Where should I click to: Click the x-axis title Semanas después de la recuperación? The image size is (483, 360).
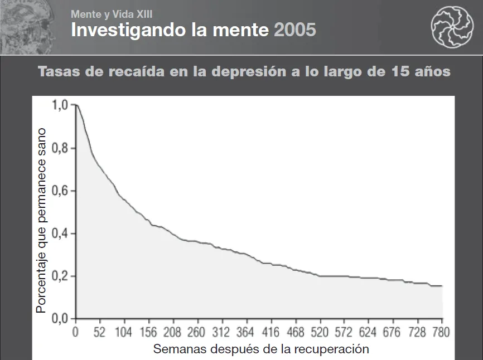[261, 349]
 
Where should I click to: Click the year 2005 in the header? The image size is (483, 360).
[295, 30]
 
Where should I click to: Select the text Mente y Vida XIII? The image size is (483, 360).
[112, 14]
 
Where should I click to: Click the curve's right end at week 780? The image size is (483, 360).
[442, 286]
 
